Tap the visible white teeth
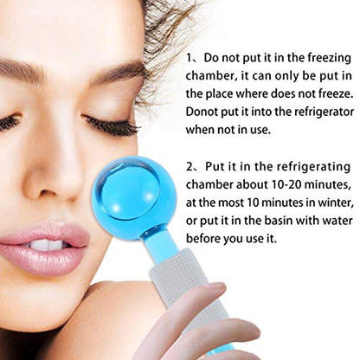click(48, 246)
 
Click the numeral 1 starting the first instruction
click(189, 58)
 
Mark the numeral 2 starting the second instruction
click(190, 167)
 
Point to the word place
click(219, 94)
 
